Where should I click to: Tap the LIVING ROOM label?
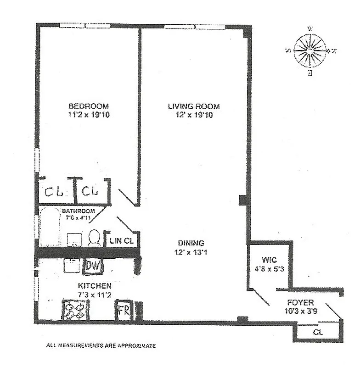tap(193, 106)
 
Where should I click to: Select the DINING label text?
tap(191, 243)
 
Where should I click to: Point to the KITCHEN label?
tap(95, 285)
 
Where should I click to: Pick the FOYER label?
tap(300, 303)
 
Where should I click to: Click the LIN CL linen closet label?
tap(122, 240)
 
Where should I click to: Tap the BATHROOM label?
tap(79, 211)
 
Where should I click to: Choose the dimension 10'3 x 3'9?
tap(300, 311)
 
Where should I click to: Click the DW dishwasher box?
tap(93, 265)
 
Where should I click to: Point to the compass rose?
tap(310, 50)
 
